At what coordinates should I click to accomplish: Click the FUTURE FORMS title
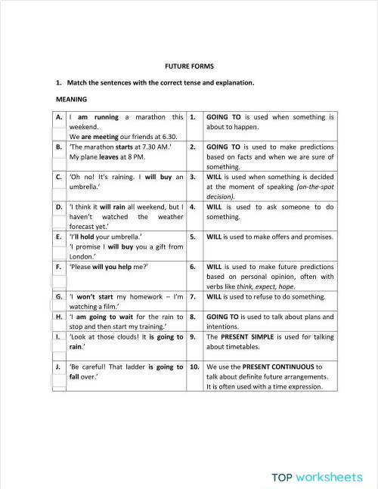tap(188, 67)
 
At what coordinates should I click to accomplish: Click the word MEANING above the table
tap(72, 99)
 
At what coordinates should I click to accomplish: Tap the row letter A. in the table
tap(59, 117)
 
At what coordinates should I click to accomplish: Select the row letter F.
tap(59, 267)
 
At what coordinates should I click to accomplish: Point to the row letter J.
tap(59, 367)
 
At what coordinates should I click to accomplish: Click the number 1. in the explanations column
tap(194, 117)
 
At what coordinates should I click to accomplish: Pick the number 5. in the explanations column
tap(194, 237)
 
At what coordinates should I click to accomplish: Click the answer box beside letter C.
tap(59, 187)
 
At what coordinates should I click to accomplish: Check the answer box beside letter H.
tap(59, 327)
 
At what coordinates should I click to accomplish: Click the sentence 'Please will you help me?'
tap(109, 267)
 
